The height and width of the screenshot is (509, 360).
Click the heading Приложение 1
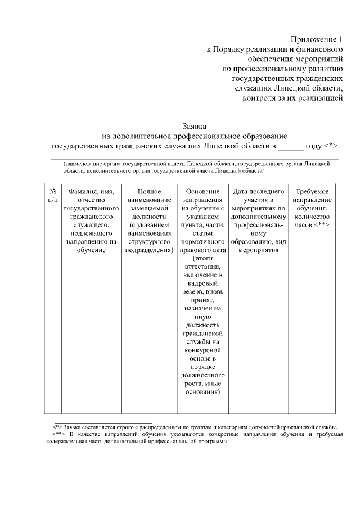coord(316,39)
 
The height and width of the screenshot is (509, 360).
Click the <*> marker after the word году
coord(330,146)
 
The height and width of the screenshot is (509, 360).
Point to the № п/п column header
coord(52,195)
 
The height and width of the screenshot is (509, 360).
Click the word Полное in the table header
coord(149,191)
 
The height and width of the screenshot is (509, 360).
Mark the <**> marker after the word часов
coord(321,224)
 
